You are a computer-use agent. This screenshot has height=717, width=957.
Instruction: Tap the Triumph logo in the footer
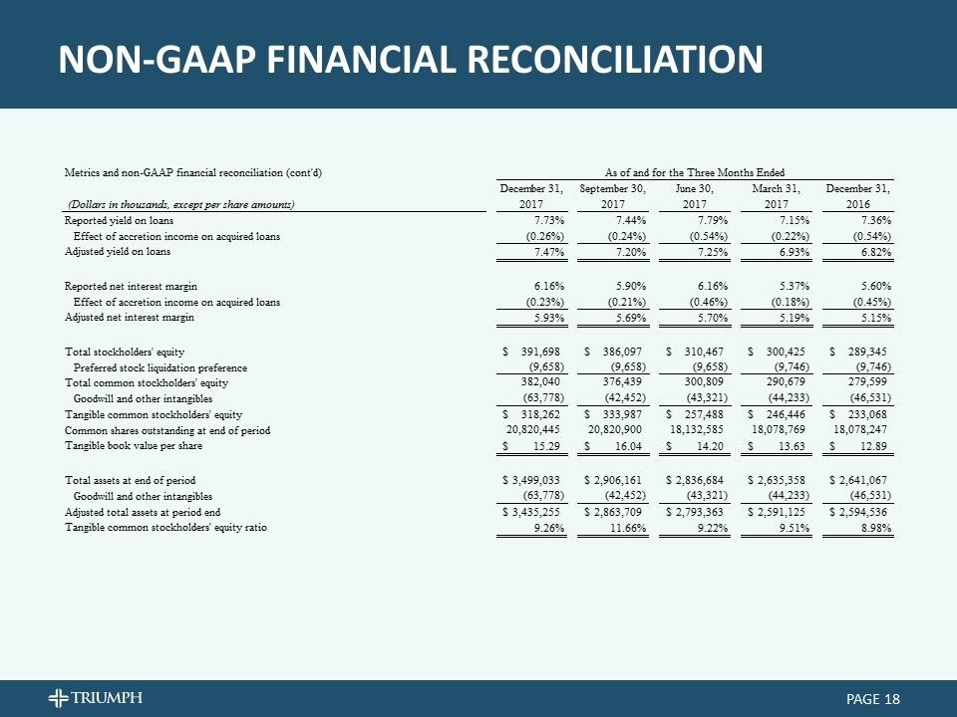point(98,696)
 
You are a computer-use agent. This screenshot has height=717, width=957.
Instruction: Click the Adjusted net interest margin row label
point(130,318)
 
